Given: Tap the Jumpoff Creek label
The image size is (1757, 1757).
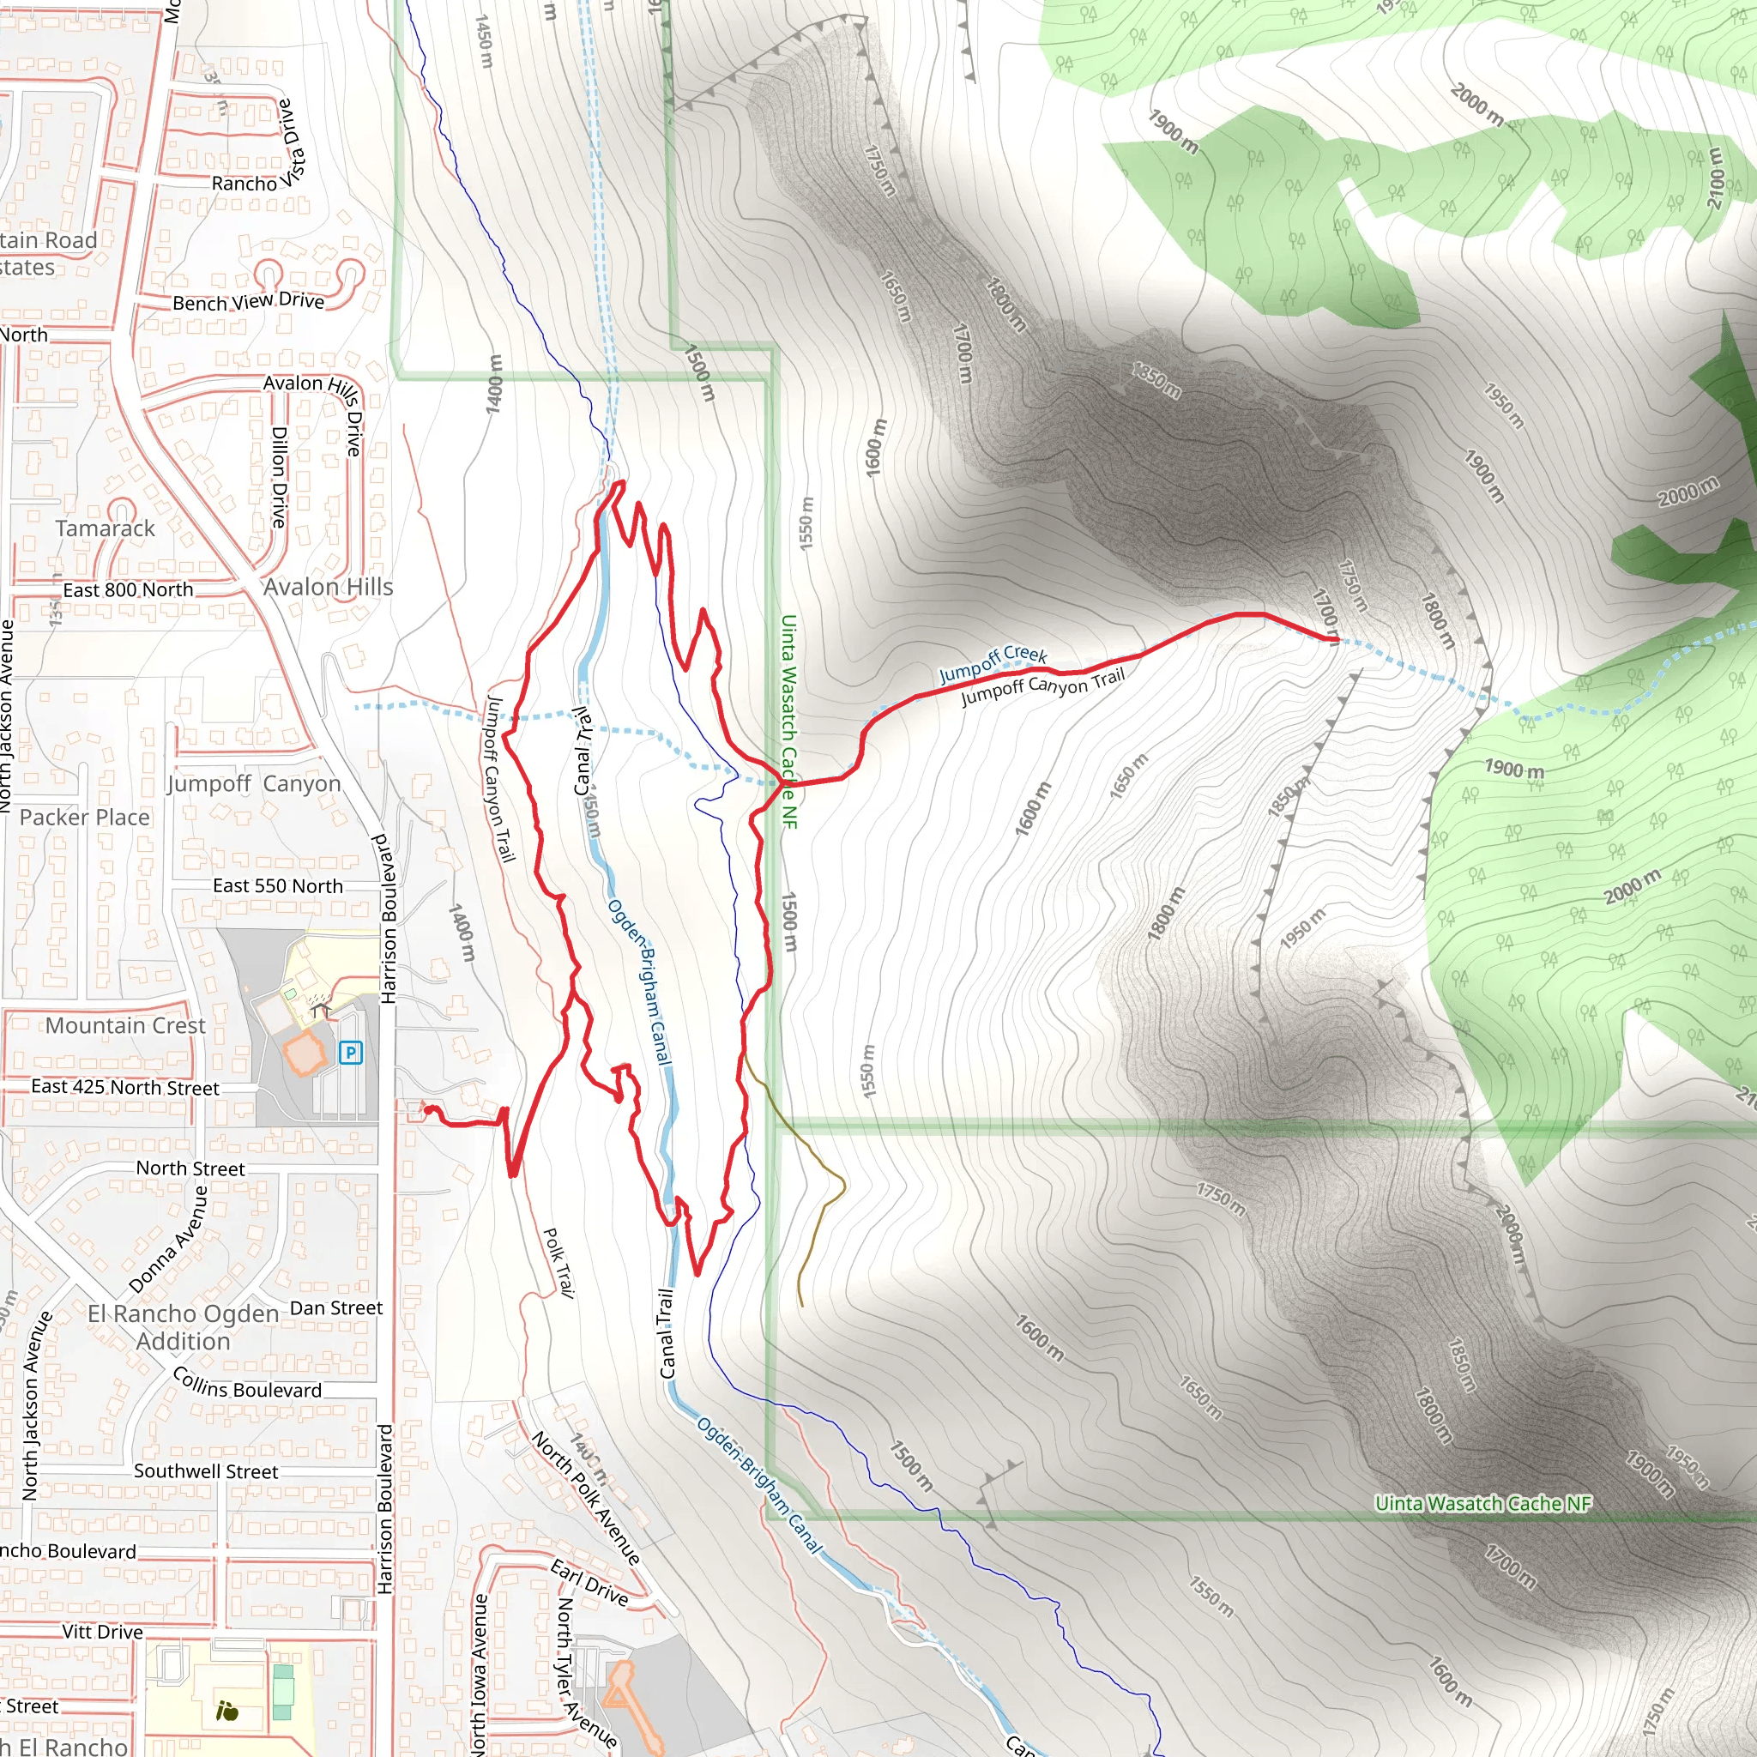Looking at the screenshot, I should pyautogui.click(x=993, y=664).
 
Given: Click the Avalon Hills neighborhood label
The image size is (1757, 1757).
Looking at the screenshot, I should pyautogui.click(x=329, y=588).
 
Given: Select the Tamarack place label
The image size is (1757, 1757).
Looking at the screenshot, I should pyautogui.click(x=106, y=528).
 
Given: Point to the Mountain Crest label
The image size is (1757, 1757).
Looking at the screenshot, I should pyautogui.click(x=125, y=1026).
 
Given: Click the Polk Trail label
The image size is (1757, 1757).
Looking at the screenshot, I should pyautogui.click(x=558, y=1262).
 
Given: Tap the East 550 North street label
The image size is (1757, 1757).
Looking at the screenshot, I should pyautogui.click(x=278, y=885).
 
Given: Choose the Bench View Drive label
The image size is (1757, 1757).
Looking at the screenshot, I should pyautogui.click(x=248, y=301).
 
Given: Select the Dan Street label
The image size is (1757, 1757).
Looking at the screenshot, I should pyautogui.click(x=336, y=1307).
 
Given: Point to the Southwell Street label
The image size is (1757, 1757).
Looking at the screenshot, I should pyautogui.click(x=207, y=1471).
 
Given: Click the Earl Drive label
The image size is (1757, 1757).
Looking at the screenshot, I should pyautogui.click(x=589, y=1582).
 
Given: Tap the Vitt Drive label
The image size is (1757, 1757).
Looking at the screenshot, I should pyautogui.click(x=103, y=1632).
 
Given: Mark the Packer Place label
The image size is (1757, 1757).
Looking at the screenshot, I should pyautogui.click(x=85, y=818).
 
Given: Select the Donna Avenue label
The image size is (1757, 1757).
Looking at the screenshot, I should pyautogui.click(x=169, y=1240).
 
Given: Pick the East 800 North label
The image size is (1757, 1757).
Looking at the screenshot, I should pyautogui.click(x=128, y=590).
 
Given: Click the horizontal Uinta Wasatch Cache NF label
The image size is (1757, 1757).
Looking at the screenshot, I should pyautogui.click(x=1483, y=1503).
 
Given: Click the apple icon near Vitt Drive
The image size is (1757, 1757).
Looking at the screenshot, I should pyautogui.click(x=227, y=1712).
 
